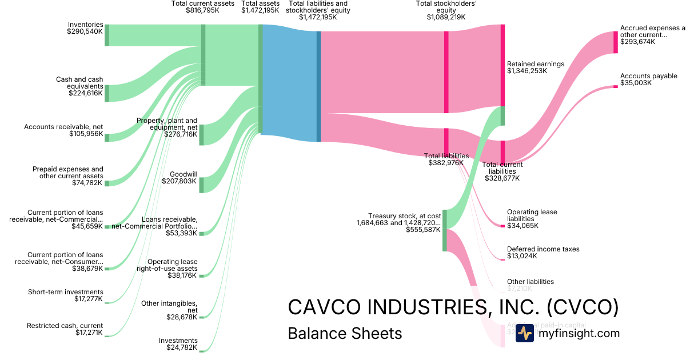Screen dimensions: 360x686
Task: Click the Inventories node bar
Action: point(107,35)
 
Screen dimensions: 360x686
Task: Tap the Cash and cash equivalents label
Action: point(79,83)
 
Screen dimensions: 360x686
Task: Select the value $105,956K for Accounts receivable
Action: point(86,134)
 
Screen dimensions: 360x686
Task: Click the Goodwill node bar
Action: point(201,185)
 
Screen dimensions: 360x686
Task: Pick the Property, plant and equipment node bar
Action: point(201,135)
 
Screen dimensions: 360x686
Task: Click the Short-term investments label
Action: point(66,292)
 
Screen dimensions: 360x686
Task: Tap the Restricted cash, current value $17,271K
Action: point(89,333)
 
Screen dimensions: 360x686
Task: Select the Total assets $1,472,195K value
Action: point(260,10)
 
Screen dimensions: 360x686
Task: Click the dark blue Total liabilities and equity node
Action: point(318,86)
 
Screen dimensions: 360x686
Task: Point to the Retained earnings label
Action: point(535,64)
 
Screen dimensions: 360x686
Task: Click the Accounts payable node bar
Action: point(616,86)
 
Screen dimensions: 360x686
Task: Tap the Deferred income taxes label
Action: point(543,249)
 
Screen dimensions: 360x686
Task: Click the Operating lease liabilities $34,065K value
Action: point(522,226)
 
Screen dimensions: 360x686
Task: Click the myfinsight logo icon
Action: point(525,333)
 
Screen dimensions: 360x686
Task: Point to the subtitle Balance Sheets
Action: point(345,334)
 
